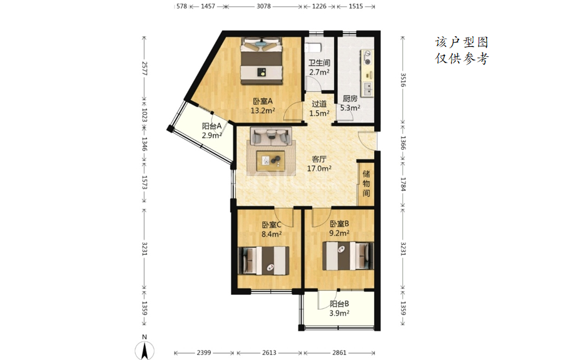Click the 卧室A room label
click(263, 101)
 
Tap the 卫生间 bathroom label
click(319, 63)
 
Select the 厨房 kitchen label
click(350, 98)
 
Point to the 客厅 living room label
click(319, 159)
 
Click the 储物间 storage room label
click(366, 183)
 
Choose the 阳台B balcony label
click(340, 304)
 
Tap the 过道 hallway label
click(319, 104)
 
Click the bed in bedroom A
click(261, 61)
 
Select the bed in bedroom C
click(263, 260)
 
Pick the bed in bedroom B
click(348, 256)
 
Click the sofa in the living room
click(271, 136)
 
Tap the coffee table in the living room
click(271, 161)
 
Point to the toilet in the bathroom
click(313, 48)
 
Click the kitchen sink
click(368, 88)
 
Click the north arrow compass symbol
click(145, 350)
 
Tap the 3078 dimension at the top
click(264, 6)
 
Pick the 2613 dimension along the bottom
click(269, 352)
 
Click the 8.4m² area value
click(271, 234)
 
